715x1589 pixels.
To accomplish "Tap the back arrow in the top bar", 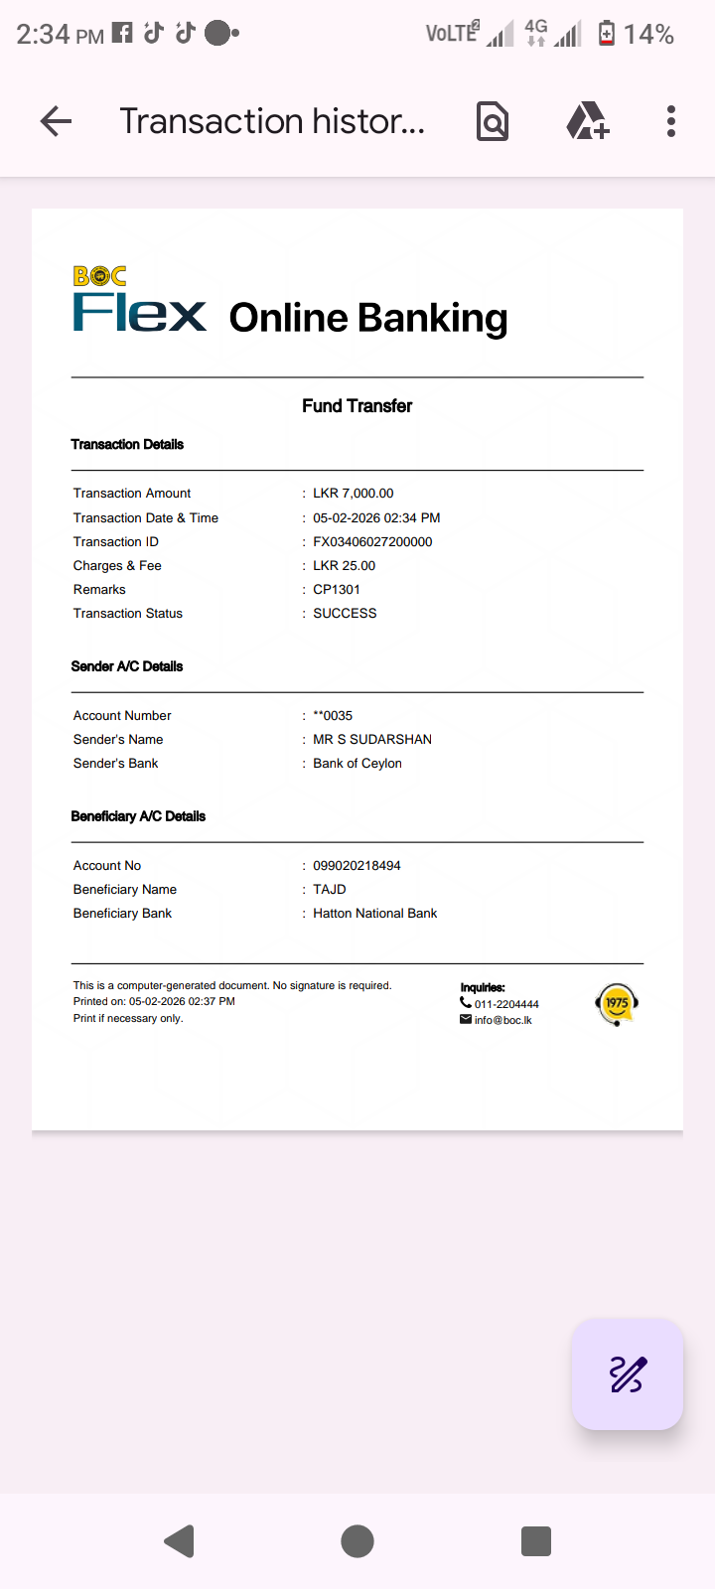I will click(x=57, y=121).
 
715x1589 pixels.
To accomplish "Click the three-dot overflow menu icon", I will click(x=671, y=121).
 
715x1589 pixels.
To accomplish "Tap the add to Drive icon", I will click(x=587, y=121).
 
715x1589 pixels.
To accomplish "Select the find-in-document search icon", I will click(x=493, y=121).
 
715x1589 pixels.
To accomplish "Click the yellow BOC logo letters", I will click(x=99, y=276).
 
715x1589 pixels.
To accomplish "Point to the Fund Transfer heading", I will click(x=357, y=405).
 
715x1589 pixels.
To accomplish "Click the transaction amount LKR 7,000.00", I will click(x=353, y=493).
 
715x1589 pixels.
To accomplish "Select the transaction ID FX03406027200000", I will click(x=372, y=541).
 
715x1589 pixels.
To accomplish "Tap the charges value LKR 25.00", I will click(x=344, y=565).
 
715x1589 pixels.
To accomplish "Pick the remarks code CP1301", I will click(x=337, y=589).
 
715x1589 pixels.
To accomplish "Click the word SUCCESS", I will click(x=345, y=613).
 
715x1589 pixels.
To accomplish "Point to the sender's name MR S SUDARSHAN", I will click(x=372, y=739).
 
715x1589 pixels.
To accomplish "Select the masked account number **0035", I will click(x=333, y=715).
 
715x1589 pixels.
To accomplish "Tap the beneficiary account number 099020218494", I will click(x=357, y=865).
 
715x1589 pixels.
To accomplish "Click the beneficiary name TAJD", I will click(x=330, y=889).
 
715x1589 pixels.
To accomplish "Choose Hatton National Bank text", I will click(x=374, y=913).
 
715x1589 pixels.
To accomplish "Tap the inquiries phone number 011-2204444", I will click(x=506, y=1004).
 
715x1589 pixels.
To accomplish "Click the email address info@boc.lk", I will click(x=502, y=1020).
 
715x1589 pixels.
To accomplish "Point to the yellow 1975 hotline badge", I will click(x=617, y=1003).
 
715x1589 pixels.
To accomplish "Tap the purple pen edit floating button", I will click(x=627, y=1374).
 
